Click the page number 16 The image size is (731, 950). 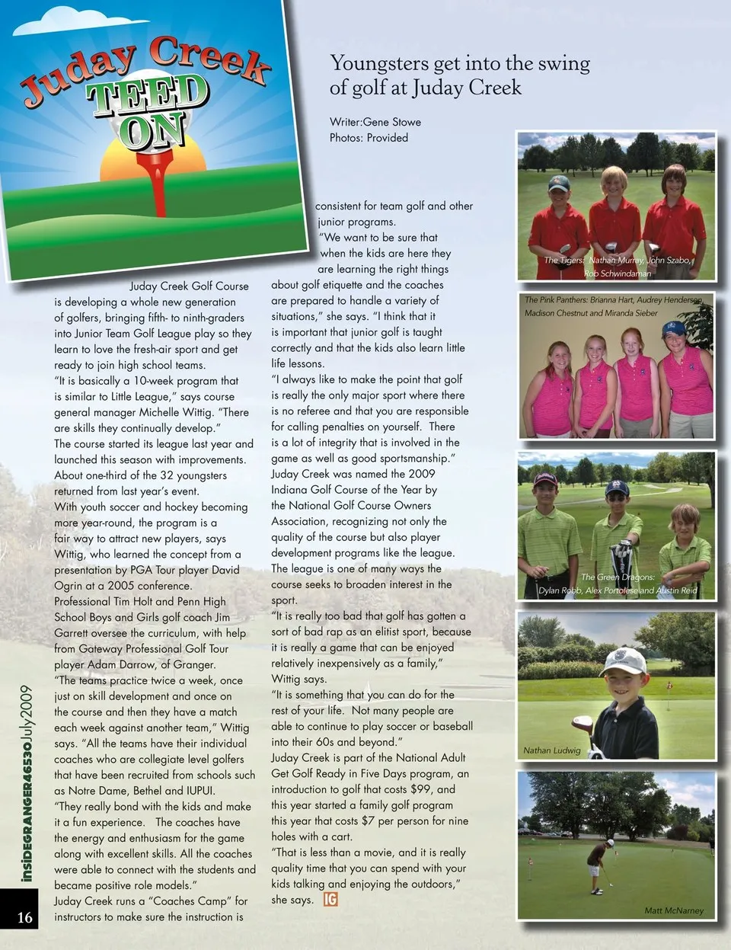coord(25,917)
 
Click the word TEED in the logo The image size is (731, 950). coord(148,96)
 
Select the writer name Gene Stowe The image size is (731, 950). coord(392,122)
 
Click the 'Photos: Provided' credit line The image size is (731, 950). coord(369,138)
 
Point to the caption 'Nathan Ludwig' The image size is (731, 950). coord(551,750)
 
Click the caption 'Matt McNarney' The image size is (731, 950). coord(674,910)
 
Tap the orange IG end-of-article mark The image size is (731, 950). coord(330,900)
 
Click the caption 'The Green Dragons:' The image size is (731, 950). coord(618,577)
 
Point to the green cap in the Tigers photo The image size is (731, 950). coord(559,184)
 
